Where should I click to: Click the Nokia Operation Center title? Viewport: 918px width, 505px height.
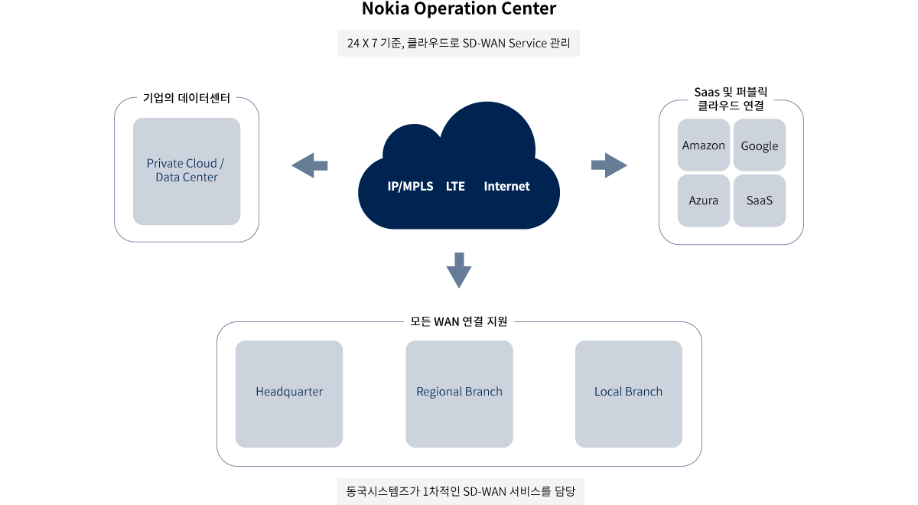coord(459,10)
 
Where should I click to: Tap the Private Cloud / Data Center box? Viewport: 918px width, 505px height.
coord(187,171)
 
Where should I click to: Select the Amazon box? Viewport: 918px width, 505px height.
coord(704,145)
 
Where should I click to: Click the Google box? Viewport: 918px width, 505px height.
coord(759,145)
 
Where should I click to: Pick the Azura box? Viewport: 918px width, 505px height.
coord(704,200)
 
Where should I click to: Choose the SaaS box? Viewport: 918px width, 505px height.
coord(759,200)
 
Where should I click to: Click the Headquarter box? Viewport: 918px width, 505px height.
coord(289,393)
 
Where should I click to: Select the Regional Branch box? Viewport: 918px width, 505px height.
coord(459,393)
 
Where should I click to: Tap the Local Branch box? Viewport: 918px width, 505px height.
coord(628,393)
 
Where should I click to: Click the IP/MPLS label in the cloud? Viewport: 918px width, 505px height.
coord(410,187)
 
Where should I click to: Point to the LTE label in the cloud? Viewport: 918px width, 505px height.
coord(455,187)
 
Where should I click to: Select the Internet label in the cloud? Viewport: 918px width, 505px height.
coord(506,187)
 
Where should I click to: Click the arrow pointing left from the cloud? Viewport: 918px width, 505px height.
coord(310,165)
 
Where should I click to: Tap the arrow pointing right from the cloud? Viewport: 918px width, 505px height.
coord(609,165)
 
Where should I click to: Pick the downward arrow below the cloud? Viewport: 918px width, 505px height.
coord(458,270)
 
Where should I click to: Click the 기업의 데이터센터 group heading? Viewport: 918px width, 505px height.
coord(187,99)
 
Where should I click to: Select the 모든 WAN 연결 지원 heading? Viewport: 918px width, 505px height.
coord(459,321)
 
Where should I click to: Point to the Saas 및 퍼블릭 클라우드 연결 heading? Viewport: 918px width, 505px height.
coord(731,99)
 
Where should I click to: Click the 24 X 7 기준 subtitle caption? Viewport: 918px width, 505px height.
coord(459,43)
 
